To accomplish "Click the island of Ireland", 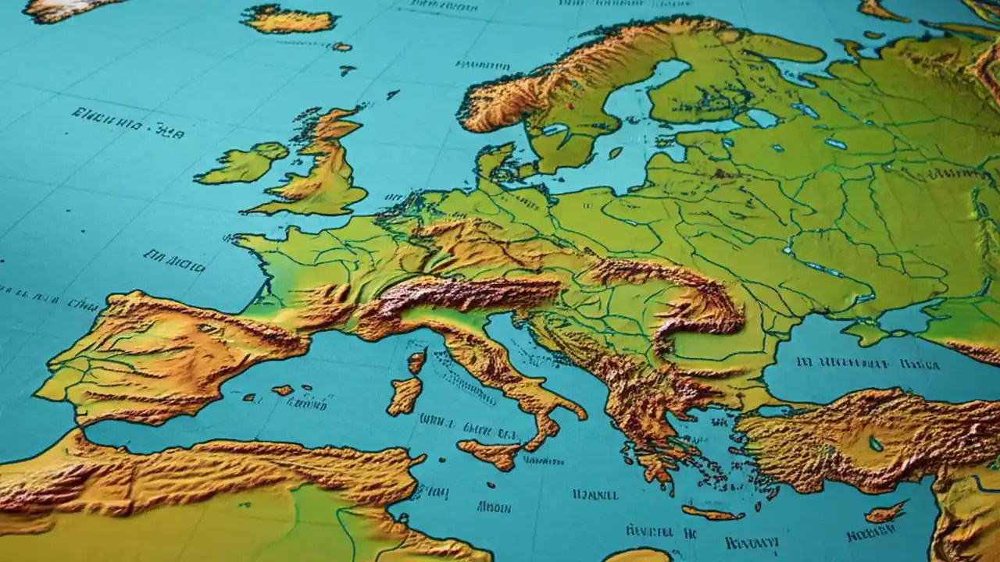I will pyautogui.click(x=242, y=165).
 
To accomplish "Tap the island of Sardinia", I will pyautogui.click(x=405, y=395).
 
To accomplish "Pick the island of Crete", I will pyautogui.click(x=712, y=513).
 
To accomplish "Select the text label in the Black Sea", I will pyautogui.click(x=856, y=363).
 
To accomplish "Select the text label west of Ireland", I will pyautogui.click(x=128, y=123).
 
